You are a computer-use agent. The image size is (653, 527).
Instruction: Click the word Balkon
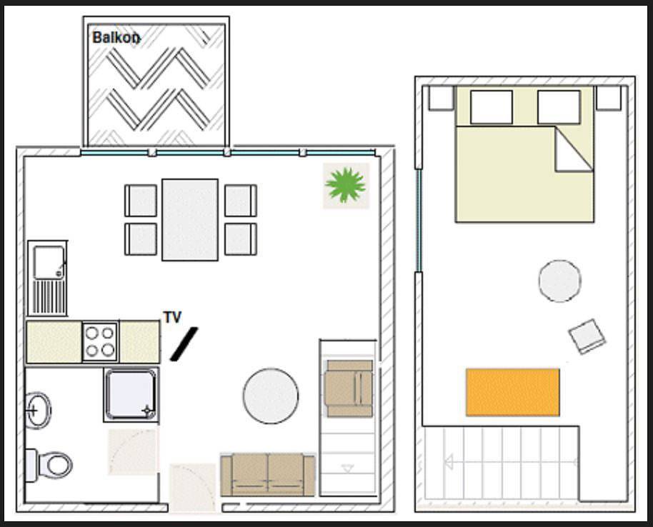click(x=116, y=37)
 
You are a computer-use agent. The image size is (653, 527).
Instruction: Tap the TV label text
click(x=172, y=317)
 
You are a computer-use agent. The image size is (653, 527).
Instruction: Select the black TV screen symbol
click(x=184, y=344)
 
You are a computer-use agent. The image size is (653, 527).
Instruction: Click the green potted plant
click(x=346, y=185)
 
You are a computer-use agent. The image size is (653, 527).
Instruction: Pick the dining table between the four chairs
click(x=190, y=220)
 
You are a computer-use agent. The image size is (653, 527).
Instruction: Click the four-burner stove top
click(x=100, y=341)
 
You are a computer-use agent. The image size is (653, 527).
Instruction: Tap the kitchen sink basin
click(x=49, y=262)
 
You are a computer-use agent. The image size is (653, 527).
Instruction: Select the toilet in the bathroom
click(x=49, y=465)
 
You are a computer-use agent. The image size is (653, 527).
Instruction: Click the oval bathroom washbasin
click(x=39, y=411)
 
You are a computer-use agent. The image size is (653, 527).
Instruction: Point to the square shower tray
click(x=131, y=394)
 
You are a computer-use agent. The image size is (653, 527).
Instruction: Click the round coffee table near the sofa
click(x=271, y=396)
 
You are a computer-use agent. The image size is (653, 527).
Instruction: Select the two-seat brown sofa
click(x=268, y=475)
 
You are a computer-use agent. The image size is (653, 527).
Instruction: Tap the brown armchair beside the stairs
click(x=349, y=388)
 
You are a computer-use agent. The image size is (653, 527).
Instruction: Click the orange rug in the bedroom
click(x=513, y=392)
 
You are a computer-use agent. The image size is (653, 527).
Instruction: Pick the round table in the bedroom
click(x=559, y=281)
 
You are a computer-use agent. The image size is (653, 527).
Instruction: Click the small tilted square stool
click(x=587, y=336)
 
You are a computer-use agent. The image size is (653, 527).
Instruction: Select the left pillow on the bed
click(x=492, y=107)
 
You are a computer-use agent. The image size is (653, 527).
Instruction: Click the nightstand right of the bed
click(x=609, y=98)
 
